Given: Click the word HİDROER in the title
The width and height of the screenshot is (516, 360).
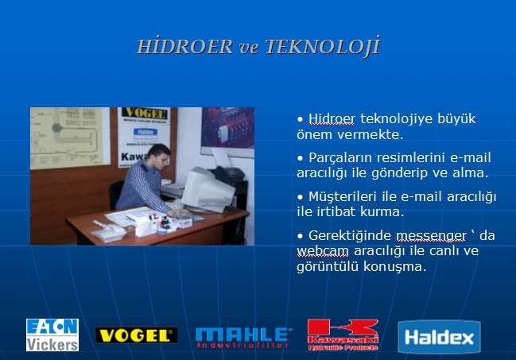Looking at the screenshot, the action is pos(185,46).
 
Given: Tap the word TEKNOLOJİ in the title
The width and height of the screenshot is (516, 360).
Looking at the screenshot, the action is pos(323,46).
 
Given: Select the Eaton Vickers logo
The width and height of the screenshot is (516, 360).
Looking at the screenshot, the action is pos(52,335).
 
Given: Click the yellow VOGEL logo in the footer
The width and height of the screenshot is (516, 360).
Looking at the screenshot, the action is pos(136,335).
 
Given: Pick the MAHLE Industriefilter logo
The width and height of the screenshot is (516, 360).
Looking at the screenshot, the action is pos(243,338).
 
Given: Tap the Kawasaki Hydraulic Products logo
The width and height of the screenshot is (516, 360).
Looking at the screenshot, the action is pos(343,335).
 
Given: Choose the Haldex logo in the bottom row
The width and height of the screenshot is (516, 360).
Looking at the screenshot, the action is pos(439,337).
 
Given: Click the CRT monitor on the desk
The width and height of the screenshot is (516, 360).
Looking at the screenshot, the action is pos(208,189).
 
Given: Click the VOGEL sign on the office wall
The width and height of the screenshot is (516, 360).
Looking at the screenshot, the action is pos(145,114).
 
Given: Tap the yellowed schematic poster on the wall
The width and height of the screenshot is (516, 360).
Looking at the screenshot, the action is pos(67,137).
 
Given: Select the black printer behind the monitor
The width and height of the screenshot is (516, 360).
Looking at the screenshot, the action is pos(229,174).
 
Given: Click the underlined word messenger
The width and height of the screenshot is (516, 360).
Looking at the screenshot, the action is pos(431,235).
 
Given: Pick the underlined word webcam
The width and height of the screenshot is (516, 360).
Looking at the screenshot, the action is pos(323,251).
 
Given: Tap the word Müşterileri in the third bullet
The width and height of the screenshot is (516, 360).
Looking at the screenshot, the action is pos(342,197).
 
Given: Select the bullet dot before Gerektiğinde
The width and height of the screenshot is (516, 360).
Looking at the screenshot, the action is pos(300,236).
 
